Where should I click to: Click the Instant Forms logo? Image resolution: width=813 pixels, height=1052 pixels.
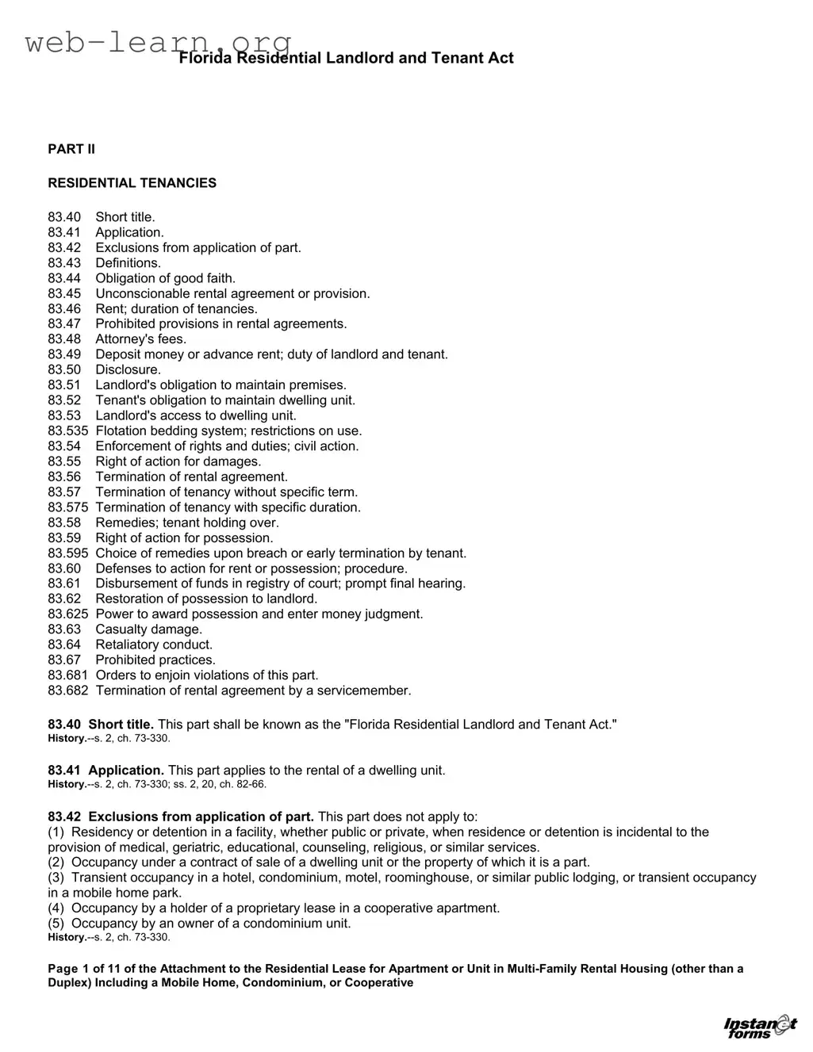coord(760,1026)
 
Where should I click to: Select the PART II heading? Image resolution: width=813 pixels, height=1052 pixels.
coord(71,149)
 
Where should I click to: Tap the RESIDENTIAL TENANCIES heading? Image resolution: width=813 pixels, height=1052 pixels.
coord(132,183)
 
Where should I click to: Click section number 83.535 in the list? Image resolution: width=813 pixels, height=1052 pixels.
coord(67,431)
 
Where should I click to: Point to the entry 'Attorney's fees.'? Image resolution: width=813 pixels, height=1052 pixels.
coord(141,339)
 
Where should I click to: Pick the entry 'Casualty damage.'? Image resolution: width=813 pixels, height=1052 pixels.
coord(149,629)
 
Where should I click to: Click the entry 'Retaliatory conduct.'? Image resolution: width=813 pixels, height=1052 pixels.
coord(154,645)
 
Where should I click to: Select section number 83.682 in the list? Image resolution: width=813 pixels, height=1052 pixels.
coord(67,690)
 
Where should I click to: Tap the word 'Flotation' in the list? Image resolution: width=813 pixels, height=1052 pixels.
coord(122,431)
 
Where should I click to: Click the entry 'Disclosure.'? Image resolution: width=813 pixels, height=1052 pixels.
coord(128,370)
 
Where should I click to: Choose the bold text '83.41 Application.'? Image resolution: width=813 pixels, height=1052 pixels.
coord(105,771)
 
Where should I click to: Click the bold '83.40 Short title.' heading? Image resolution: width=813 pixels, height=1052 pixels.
coord(101,725)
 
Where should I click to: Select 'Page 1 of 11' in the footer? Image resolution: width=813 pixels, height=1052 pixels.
coord(82,969)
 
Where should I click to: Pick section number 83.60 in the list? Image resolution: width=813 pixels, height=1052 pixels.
coord(64,568)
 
